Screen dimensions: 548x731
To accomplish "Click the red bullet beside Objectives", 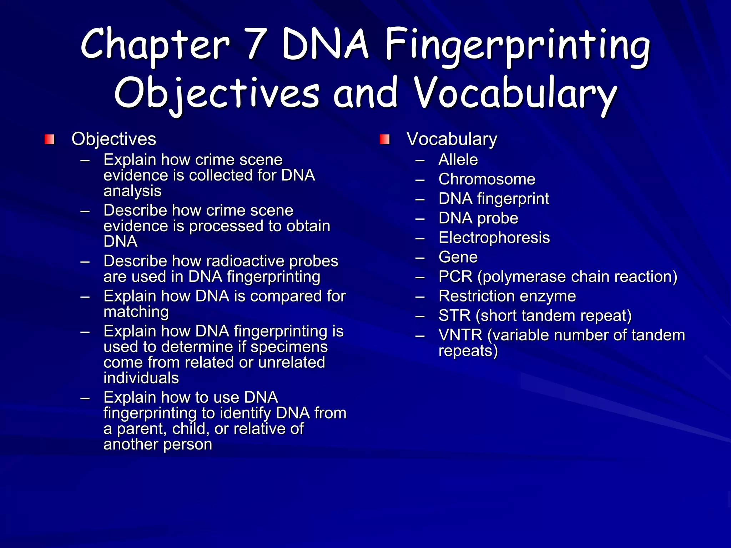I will coord(50,139).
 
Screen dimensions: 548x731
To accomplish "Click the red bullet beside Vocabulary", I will coord(384,139).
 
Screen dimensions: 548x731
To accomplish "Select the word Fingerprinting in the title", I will coord(518,46).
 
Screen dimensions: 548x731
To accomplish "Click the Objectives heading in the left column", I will coord(114,139).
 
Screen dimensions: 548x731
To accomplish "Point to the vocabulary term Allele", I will coord(458,160).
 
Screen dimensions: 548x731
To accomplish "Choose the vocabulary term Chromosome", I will coord(487,179).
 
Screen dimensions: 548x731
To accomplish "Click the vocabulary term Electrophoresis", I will coord(494,238).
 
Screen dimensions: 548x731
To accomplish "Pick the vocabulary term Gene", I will coord(458,257).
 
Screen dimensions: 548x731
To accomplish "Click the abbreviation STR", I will coord(454,316).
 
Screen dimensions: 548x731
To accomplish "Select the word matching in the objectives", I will coord(136,312).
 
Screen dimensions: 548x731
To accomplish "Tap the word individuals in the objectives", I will coord(141,378).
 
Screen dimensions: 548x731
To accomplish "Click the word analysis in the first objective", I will coord(132,191).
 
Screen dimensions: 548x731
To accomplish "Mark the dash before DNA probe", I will coord(420,218).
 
